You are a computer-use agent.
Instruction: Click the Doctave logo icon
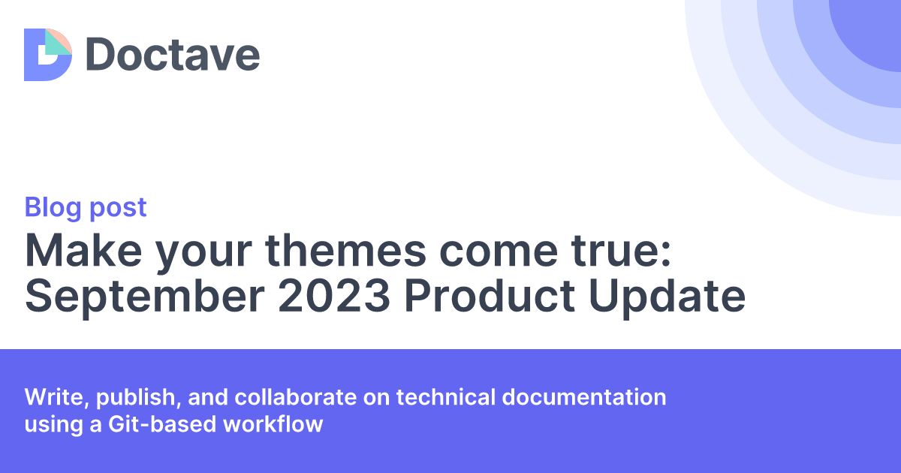click(x=47, y=55)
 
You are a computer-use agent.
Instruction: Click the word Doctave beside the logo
click(x=173, y=55)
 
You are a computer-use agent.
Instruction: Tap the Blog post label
click(x=86, y=207)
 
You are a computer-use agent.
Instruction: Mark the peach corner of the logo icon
click(x=63, y=38)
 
